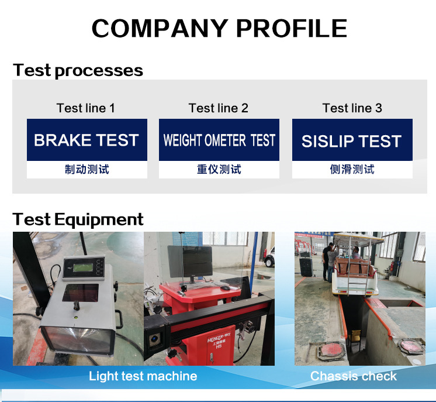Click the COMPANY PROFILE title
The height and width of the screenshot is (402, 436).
219,28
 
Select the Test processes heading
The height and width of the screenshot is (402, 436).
78,70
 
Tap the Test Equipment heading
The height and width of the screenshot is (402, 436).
78,219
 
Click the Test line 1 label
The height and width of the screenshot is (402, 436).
86,108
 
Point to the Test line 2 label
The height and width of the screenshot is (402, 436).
219,108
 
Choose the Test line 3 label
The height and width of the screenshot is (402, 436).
352,108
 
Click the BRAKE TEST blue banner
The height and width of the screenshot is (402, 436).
87,140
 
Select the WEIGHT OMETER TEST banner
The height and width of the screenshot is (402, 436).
219,140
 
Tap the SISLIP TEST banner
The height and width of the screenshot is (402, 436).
352,140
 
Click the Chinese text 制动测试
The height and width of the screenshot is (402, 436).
87,169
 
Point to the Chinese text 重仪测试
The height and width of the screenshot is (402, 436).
219,169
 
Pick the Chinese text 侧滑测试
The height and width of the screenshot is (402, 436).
352,169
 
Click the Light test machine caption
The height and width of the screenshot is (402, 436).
143,376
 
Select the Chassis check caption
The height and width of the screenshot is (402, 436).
354,376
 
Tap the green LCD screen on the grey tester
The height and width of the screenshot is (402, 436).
82,268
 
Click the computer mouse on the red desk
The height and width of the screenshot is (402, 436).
225,287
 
